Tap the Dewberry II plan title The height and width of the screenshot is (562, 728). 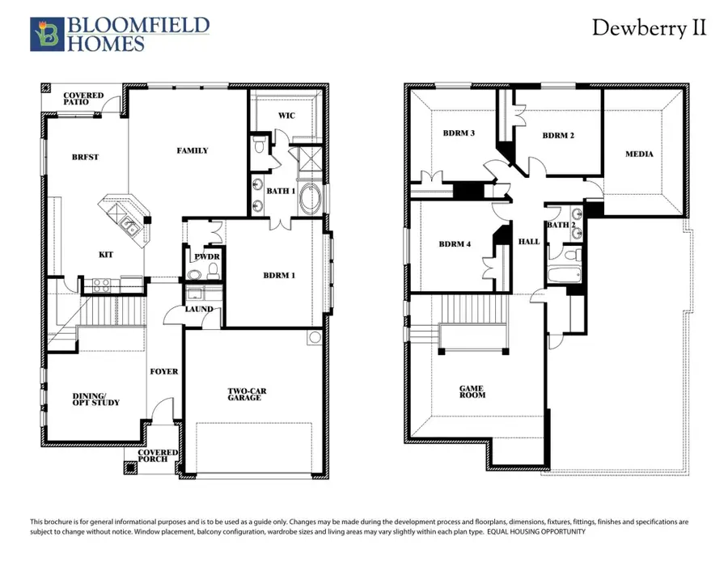point(649,28)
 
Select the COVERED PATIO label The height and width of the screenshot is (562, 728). point(84,99)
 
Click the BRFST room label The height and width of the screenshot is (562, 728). point(85,157)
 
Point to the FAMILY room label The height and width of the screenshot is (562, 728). point(193,150)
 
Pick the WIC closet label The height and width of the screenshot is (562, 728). point(286,116)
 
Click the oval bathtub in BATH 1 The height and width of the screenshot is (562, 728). point(310,198)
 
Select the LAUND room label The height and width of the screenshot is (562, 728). point(199,309)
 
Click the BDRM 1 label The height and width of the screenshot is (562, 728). point(280,276)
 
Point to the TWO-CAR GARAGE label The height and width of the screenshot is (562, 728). point(246,394)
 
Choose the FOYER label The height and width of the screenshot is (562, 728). point(164,371)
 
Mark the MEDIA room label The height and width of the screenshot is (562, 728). point(639,154)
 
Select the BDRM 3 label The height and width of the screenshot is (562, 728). point(459,133)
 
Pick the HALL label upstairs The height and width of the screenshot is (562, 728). point(529,241)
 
